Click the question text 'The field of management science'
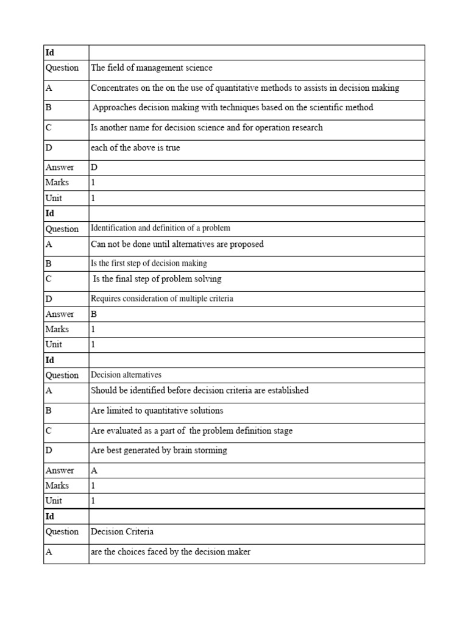click(x=151, y=68)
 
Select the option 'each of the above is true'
click(x=135, y=148)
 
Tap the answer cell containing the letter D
click(x=94, y=168)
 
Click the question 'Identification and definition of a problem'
click(x=160, y=229)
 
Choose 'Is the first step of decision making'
click(x=149, y=263)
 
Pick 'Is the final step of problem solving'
click(x=157, y=279)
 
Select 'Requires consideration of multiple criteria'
click(x=161, y=299)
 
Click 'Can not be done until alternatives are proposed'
click(x=177, y=244)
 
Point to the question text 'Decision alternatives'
click(x=126, y=375)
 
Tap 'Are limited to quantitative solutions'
click(x=157, y=411)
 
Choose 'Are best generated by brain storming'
click(x=158, y=451)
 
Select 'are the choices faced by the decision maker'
click(x=171, y=552)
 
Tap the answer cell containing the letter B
click(x=94, y=314)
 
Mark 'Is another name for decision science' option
click(x=207, y=128)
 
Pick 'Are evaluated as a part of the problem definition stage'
click(x=191, y=431)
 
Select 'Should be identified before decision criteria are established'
click(x=199, y=391)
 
